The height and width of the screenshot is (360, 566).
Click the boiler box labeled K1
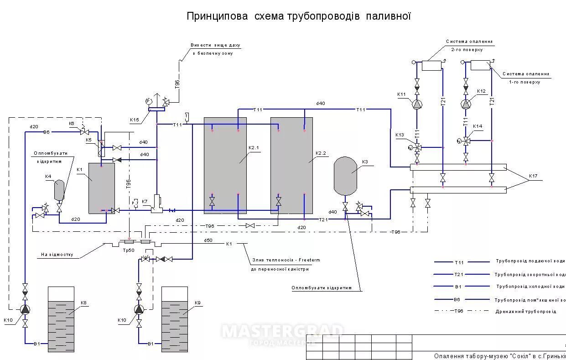pyautogui.click(x=101, y=188)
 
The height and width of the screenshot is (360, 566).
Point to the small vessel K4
pyautogui.click(x=59, y=190)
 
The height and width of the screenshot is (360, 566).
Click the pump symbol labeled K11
pyautogui.click(x=417, y=104)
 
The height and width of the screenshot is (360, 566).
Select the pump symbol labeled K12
pyautogui.click(x=466, y=104)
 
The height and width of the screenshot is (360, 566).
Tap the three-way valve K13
pyautogui.click(x=417, y=147)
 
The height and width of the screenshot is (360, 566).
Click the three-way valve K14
pyautogui.click(x=466, y=141)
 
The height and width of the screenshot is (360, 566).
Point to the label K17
pyautogui.click(x=533, y=176)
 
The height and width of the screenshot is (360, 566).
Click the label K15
pyautogui.click(x=135, y=120)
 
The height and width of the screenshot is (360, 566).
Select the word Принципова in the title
pyautogui.click(x=218, y=16)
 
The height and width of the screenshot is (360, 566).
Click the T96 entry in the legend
pyautogui.click(x=458, y=311)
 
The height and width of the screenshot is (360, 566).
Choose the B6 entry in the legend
pyautogui.click(x=458, y=300)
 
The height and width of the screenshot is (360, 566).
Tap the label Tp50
pyautogui.click(x=129, y=250)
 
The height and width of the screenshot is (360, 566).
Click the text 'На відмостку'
pyautogui.click(x=56, y=255)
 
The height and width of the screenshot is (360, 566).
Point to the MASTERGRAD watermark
pyautogui.click(x=283, y=331)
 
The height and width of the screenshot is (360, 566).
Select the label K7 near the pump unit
pyautogui.click(x=145, y=201)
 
